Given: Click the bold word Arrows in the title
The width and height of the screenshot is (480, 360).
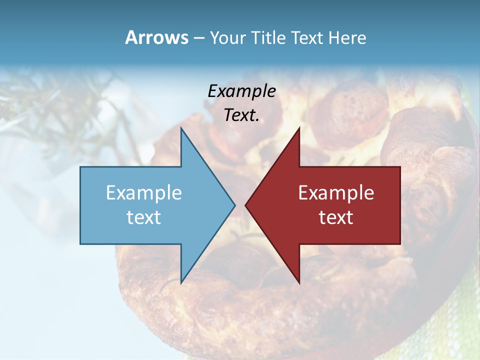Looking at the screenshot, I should (156, 37).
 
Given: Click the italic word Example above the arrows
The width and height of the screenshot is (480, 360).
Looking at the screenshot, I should (241, 91).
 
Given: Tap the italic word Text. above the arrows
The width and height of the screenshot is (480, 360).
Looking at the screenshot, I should (241, 115).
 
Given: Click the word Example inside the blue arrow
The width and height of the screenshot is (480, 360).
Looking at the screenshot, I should (144, 192).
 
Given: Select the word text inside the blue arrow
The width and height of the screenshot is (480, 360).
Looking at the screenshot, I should (144, 217).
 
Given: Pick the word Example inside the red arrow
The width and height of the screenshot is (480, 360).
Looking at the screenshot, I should (336, 192).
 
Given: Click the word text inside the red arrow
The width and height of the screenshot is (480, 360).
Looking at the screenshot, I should (336, 217).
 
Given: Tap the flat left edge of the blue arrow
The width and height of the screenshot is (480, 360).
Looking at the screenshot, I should (81, 205).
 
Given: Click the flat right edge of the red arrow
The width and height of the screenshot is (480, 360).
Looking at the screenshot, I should (399, 205).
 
